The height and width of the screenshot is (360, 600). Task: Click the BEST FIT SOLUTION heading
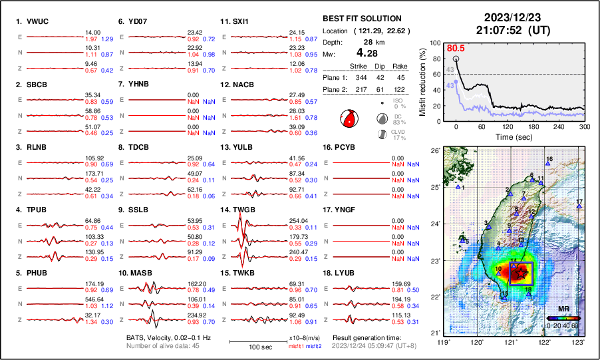[x=362, y=19]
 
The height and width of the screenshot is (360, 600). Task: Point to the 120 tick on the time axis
[x=508, y=126]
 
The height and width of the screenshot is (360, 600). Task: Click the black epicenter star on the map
[x=522, y=273]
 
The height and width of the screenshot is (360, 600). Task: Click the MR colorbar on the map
[x=563, y=318]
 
